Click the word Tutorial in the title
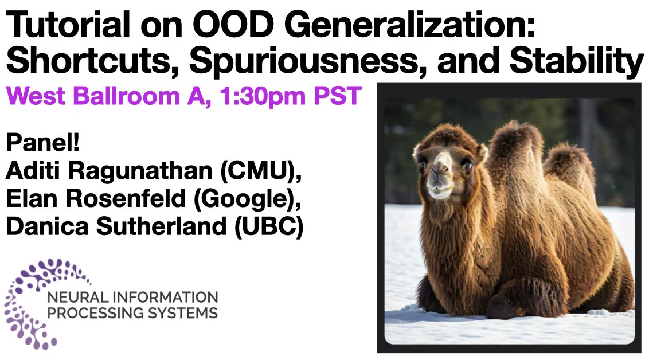point(68,25)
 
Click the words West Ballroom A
point(105,96)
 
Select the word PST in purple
point(338,96)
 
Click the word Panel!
point(42,143)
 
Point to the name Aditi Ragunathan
point(109,171)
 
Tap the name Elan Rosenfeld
point(96,198)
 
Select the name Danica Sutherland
point(116,226)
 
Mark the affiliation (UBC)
point(269,227)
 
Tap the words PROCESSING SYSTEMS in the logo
point(132,313)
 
